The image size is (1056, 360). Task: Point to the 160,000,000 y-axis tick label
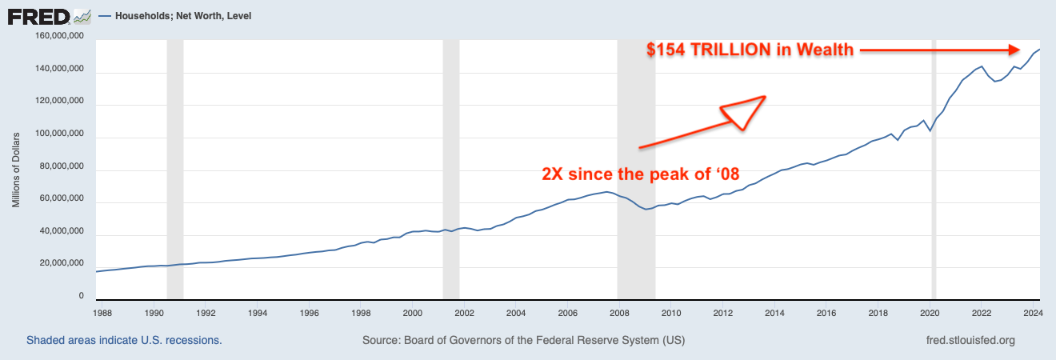(60, 36)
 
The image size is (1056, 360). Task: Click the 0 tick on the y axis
(82, 297)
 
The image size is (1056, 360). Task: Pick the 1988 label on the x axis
(102, 314)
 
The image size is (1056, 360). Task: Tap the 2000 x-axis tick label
(413, 314)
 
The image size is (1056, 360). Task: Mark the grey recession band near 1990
(174, 168)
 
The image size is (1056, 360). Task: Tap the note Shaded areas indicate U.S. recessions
(124, 340)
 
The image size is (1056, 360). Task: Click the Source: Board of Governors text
(523, 340)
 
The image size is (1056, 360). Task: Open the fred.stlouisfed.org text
(969, 340)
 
